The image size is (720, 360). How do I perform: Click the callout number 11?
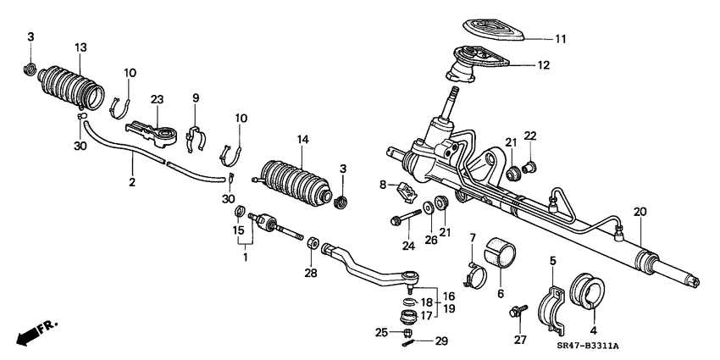click(x=561, y=39)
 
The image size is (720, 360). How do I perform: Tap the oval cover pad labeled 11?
click(x=493, y=29)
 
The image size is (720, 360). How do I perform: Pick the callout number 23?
click(x=157, y=99)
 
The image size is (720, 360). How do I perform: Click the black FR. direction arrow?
click(x=31, y=333)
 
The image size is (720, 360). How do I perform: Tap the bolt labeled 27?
click(x=514, y=313)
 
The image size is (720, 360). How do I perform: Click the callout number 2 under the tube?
click(x=132, y=182)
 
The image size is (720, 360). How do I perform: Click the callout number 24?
click(x=409, y=247)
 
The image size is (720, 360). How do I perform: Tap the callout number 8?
click(x=382, y=184)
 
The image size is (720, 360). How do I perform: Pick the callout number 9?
click(x=195, y=98)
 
